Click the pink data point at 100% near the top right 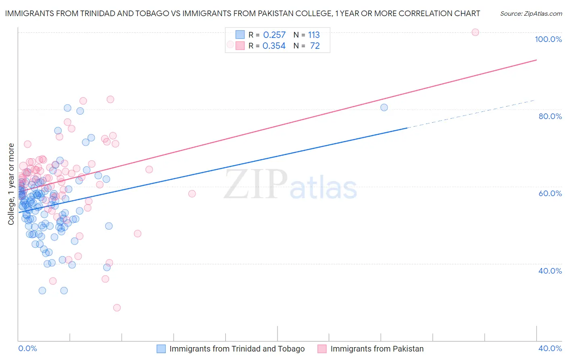(x=475, y=32)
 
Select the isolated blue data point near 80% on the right (x=384, y=107)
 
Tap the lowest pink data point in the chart (x=117, y=308)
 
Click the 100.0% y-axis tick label (x=548, y=39)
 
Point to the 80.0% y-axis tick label (x=550, y=116)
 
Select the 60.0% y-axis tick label (x=550, y=193)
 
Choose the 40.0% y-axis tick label (x=550, y=271)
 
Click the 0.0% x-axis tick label (x=27, y=348)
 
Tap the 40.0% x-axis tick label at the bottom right (x=550, y=348)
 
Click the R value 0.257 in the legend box (x=274, y=35)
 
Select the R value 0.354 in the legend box (x=274, y=46)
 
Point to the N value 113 (x=314, y=35)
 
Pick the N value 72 (x=315, y=46)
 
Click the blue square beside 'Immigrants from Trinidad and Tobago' (x=161, y=349)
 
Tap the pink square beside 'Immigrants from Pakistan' (x=322, y=349)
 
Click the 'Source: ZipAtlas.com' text (x=531, y=14)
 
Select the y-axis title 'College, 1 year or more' (x=11, y=184)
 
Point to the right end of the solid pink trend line (x=536, y=60)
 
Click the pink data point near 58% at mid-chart (x=192, y=194)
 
